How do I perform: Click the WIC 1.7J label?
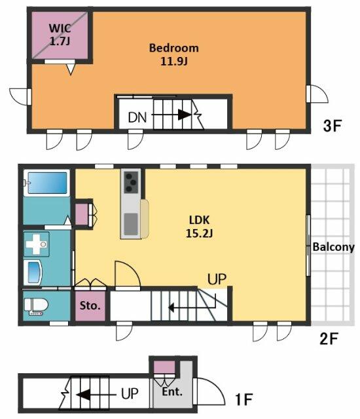coord(60,35)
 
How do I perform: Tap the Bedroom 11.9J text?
coord(174,54)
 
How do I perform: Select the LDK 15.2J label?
coord(199,227)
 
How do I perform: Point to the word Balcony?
coord(334,247)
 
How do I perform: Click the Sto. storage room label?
coord(90,306)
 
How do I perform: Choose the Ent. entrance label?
coord(172,392)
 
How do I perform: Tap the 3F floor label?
coord(333,126)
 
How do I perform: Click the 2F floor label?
coord(329,338)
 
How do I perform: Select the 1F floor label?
coord(244,399)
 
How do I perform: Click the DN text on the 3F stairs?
coord(137,117)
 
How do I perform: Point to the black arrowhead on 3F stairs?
coord(185,115)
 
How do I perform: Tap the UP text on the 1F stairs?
coord(130,393)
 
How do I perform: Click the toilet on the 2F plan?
coord(36,306)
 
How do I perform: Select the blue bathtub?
coord(47,183)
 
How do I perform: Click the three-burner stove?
coord(131,182)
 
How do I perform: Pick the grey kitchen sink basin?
coord(131,224)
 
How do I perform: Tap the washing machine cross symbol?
coord(37,244)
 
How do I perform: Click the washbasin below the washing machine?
coord(33,273)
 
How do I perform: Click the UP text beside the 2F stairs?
coord(217,279)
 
